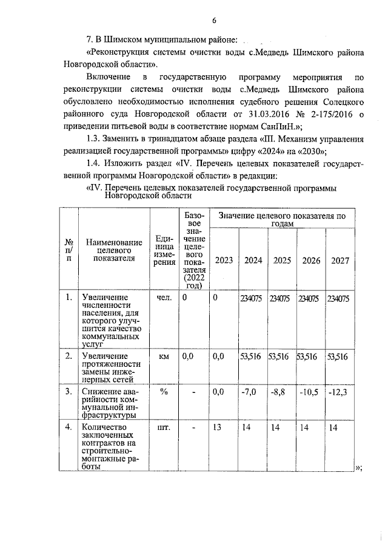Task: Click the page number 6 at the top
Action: [x=214, y=21]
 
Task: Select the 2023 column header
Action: [x=224, y=260]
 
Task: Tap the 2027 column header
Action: [x=341, y=260]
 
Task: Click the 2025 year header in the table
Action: [x=283, y=260]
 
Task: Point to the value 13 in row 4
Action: [x=218, y=428]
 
